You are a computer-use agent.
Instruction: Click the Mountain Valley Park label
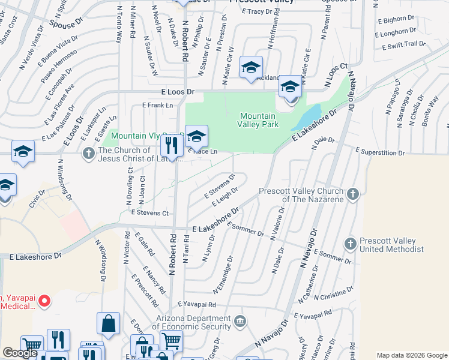(x=259, y=120)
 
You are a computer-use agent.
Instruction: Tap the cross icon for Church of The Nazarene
(x=353, y=194)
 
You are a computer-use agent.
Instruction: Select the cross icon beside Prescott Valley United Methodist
(x=351, y=244)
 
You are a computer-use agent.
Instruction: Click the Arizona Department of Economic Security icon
(x=240, y=322)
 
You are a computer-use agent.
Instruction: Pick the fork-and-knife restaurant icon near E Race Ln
(x=172, y=145)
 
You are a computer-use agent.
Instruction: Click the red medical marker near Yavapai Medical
(x=43, y=301)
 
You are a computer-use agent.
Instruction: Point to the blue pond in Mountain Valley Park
(x=309, y=115)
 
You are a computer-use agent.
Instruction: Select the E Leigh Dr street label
(x=224, y=196)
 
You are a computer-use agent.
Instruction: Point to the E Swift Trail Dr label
(x=402, y=44)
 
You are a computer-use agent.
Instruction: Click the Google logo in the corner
(x=20, y=353)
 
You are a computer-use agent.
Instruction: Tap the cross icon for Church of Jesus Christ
(x=88, y=154)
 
